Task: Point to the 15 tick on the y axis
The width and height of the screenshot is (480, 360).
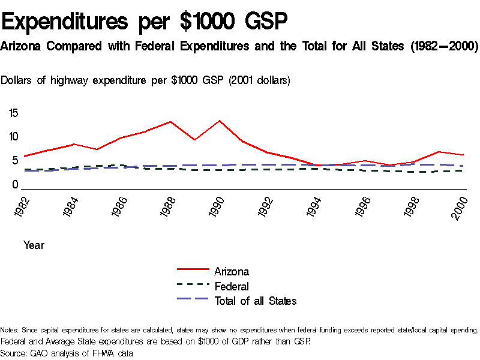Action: (x=13, y=112)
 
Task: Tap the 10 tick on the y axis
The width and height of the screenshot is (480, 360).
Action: (x=13, y=136)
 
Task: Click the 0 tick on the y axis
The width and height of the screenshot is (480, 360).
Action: (x=16, y=185)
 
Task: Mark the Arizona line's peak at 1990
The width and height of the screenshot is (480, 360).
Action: (x=220, y=121)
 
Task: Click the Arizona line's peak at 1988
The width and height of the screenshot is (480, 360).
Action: (x=170, y=122)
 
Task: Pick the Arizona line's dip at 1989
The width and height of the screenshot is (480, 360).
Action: (x=195, y=140)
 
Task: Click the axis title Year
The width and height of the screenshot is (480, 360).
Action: (x=34, y=245)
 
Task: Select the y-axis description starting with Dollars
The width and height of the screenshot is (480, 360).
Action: (x=146, y=80)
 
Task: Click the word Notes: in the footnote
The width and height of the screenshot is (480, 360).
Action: (x=10, y=330)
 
